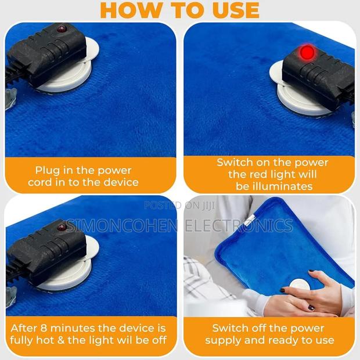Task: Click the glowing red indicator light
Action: click(307, 53)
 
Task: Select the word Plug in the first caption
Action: click(48, 170)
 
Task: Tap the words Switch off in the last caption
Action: click(240, 329)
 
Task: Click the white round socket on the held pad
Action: click(298, 286)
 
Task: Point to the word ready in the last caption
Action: click(279, 340)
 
